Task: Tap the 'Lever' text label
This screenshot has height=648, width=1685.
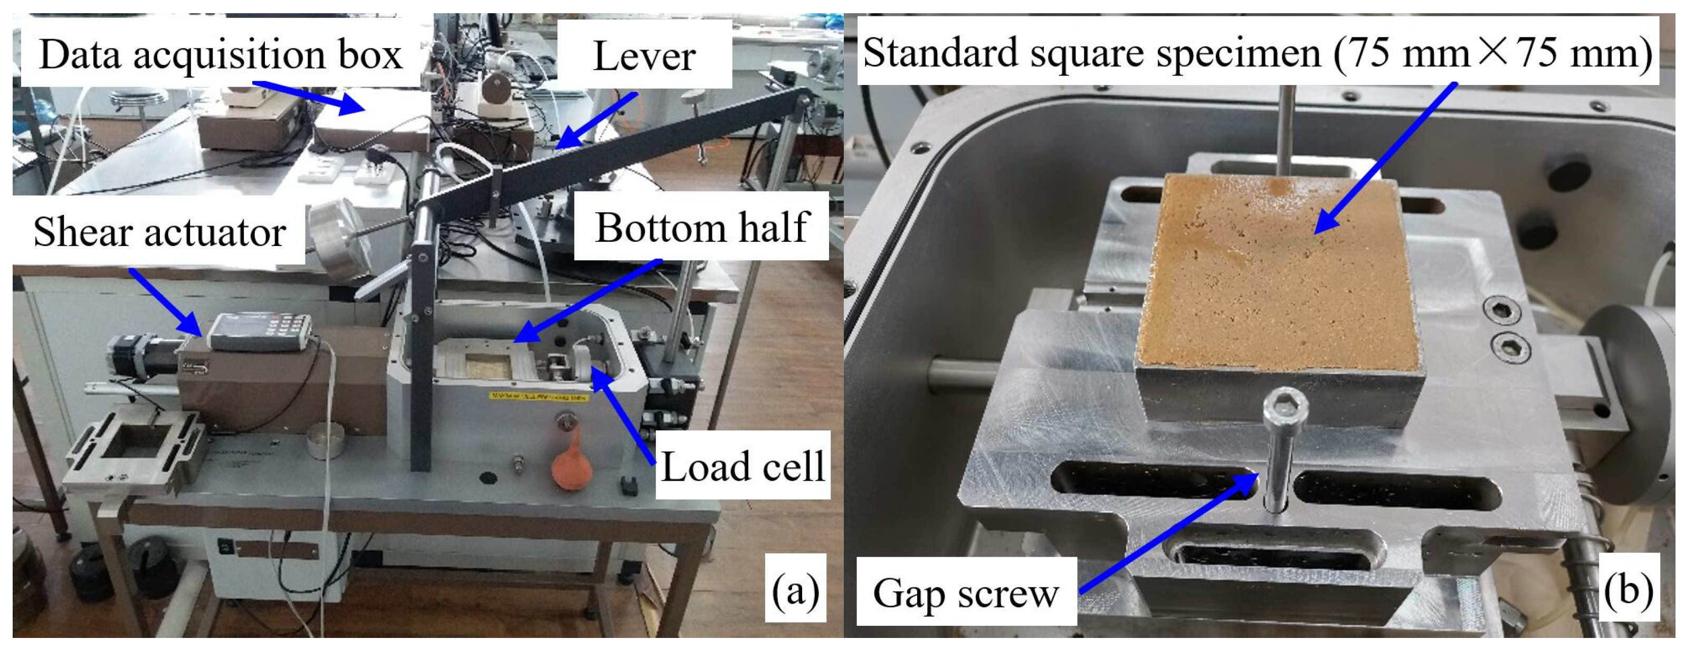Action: pos(644,57)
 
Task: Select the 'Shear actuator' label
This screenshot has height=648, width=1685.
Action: pos(159,232)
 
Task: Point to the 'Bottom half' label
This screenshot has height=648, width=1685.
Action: pos(702,227)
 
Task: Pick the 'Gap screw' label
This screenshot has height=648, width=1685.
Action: pos(966,593)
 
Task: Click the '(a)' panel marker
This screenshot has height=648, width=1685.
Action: pos(795,591)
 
